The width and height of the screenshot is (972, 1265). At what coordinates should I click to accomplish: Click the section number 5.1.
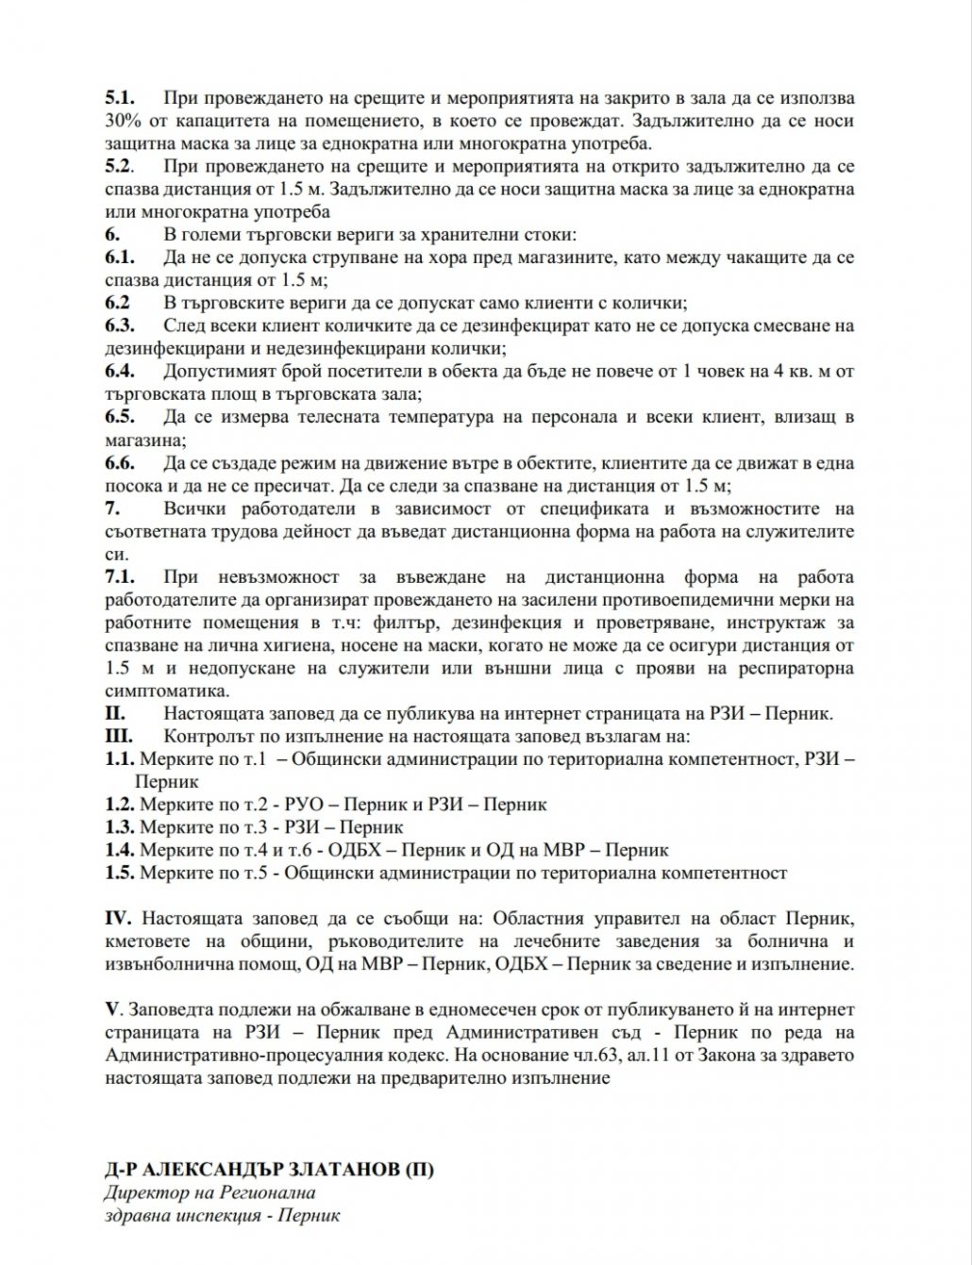click(x=120, y=98)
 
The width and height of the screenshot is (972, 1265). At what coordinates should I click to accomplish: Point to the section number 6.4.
click(x=120, y=371)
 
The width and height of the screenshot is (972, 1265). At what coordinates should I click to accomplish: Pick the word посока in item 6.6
click(x=130, y=486)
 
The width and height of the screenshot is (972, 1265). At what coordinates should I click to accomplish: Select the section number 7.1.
click(x=120, y=577)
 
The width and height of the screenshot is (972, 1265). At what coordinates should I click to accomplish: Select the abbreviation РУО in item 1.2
click(x=301, y=805)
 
